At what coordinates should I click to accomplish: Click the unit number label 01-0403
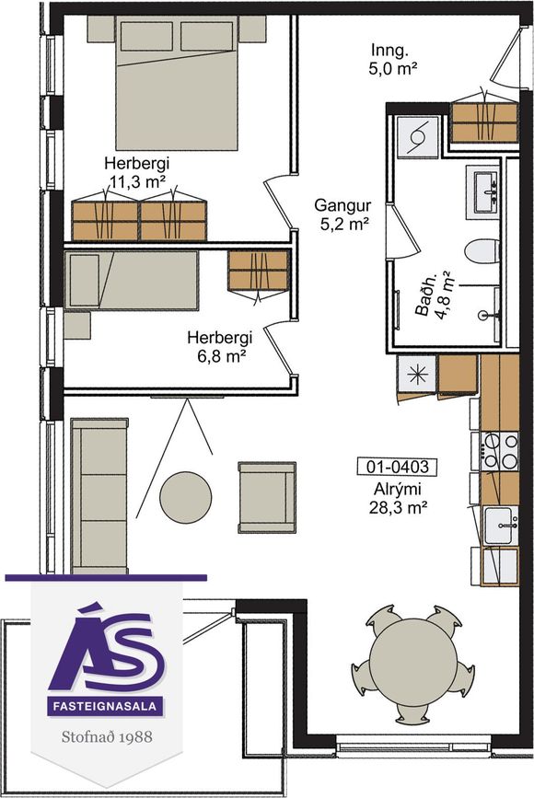[397, 466]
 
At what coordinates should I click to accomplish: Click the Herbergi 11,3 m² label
[137, 172]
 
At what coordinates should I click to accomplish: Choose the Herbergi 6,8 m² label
[221, 346]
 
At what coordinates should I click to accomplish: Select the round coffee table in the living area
[186, 497]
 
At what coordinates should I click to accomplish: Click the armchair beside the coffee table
[267, 497]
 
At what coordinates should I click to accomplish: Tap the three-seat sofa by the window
[99, 495]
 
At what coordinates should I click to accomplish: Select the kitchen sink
[501, 525]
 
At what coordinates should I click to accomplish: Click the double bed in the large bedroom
[177, 83]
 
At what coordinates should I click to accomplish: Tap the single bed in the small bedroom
[132, 280]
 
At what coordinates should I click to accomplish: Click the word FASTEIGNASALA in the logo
[106, 706]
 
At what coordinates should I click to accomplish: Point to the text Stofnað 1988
[107, 736]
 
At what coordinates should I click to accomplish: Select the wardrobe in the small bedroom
[259, 271]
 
